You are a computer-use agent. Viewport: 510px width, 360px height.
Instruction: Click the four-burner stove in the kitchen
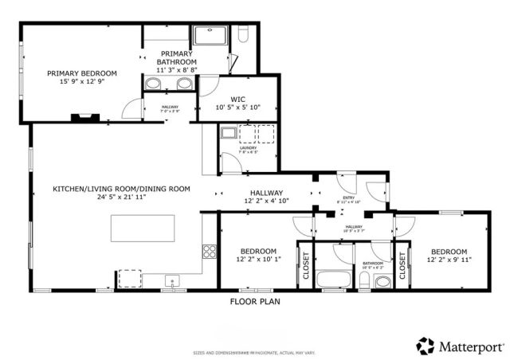(210, 252)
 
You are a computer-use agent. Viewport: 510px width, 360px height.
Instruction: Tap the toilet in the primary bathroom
(245, 35)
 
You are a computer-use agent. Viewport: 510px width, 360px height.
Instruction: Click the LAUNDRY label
(248, 148)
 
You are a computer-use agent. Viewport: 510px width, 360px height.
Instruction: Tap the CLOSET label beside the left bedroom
(305, 265)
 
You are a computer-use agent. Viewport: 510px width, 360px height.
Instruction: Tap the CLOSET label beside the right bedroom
(402, 265)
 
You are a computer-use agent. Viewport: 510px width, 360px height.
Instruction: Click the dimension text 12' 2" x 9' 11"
(449, 259)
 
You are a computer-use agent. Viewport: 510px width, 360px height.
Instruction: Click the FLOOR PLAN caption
(255, 302)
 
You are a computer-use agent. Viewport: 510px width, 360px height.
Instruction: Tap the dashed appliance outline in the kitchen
(129, 276)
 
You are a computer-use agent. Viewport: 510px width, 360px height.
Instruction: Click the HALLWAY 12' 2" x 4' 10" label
(266, 197)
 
